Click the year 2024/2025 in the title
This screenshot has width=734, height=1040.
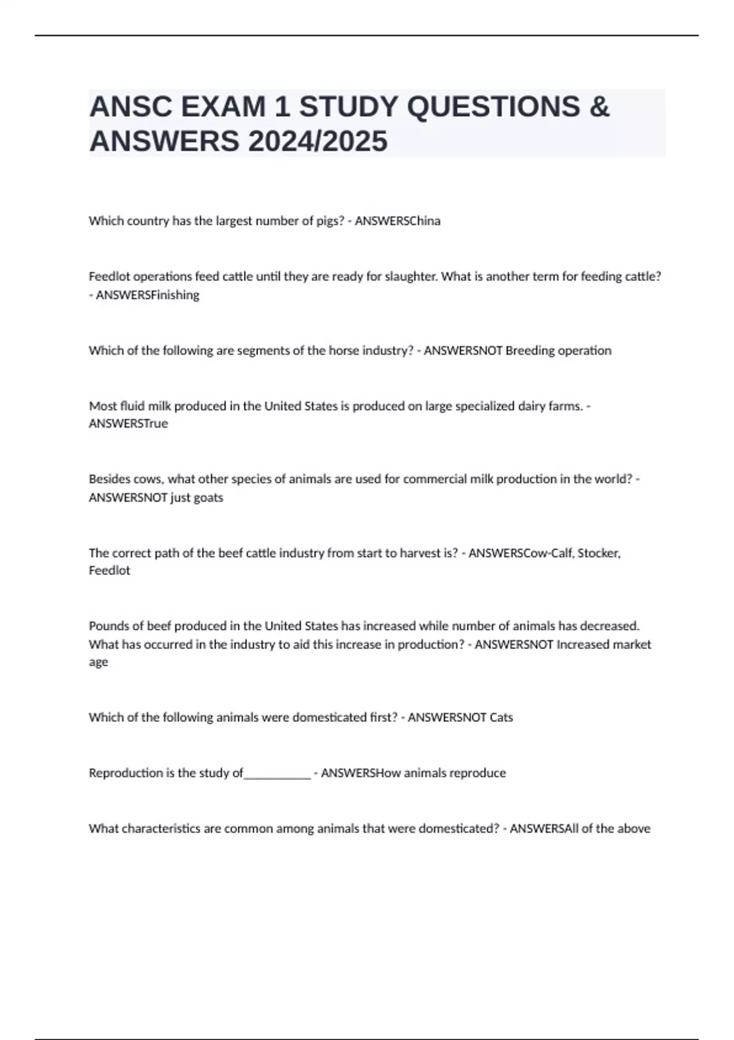pyautogui.click(x=317, y=141)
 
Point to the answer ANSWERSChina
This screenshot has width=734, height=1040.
pyautogui.click(x=398, y=221)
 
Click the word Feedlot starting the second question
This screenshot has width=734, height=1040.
pyautogui.click(x=109, y=277)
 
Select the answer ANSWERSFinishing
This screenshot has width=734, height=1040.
pyautogui.click(x=147, y=295)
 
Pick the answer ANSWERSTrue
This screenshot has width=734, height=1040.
pyautogui.click(x=128, y=423)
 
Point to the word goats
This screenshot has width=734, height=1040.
pyautogui.click(x=208, y=497)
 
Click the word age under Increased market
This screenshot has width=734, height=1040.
pyautogui.click(x=98, y=663)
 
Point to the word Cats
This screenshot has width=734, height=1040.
pyautogui.click(x=501, y=717)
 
